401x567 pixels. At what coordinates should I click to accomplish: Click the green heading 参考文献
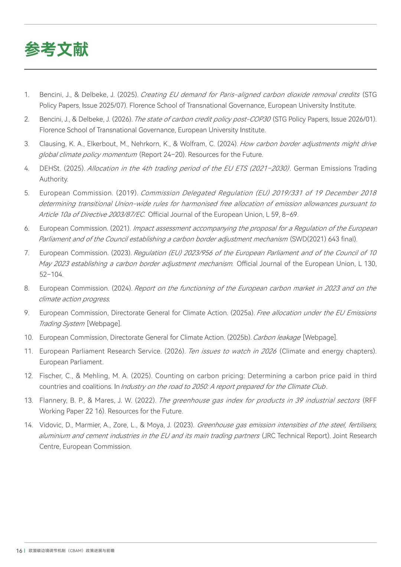tap(56, 49)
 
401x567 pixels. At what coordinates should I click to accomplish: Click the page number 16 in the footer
tap(19, 551)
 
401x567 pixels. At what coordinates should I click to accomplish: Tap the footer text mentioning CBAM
tap(72, 551)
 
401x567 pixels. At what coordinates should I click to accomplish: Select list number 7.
tap(27, 253)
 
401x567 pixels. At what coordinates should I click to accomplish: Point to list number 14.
tap(29, 425)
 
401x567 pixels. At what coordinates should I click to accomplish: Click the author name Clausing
tap(52, 144)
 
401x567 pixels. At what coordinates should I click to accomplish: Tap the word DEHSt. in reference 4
tap(50, 168)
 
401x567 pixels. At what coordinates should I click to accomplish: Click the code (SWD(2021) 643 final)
tap(323, 239)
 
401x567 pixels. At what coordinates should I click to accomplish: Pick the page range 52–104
tap(51, 274)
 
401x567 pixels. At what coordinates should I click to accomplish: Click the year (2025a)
tap(242, 313)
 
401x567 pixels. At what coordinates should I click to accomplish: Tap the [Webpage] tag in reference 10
tap(320, 338)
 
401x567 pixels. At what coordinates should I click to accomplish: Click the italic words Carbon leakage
tap(277, 338)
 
